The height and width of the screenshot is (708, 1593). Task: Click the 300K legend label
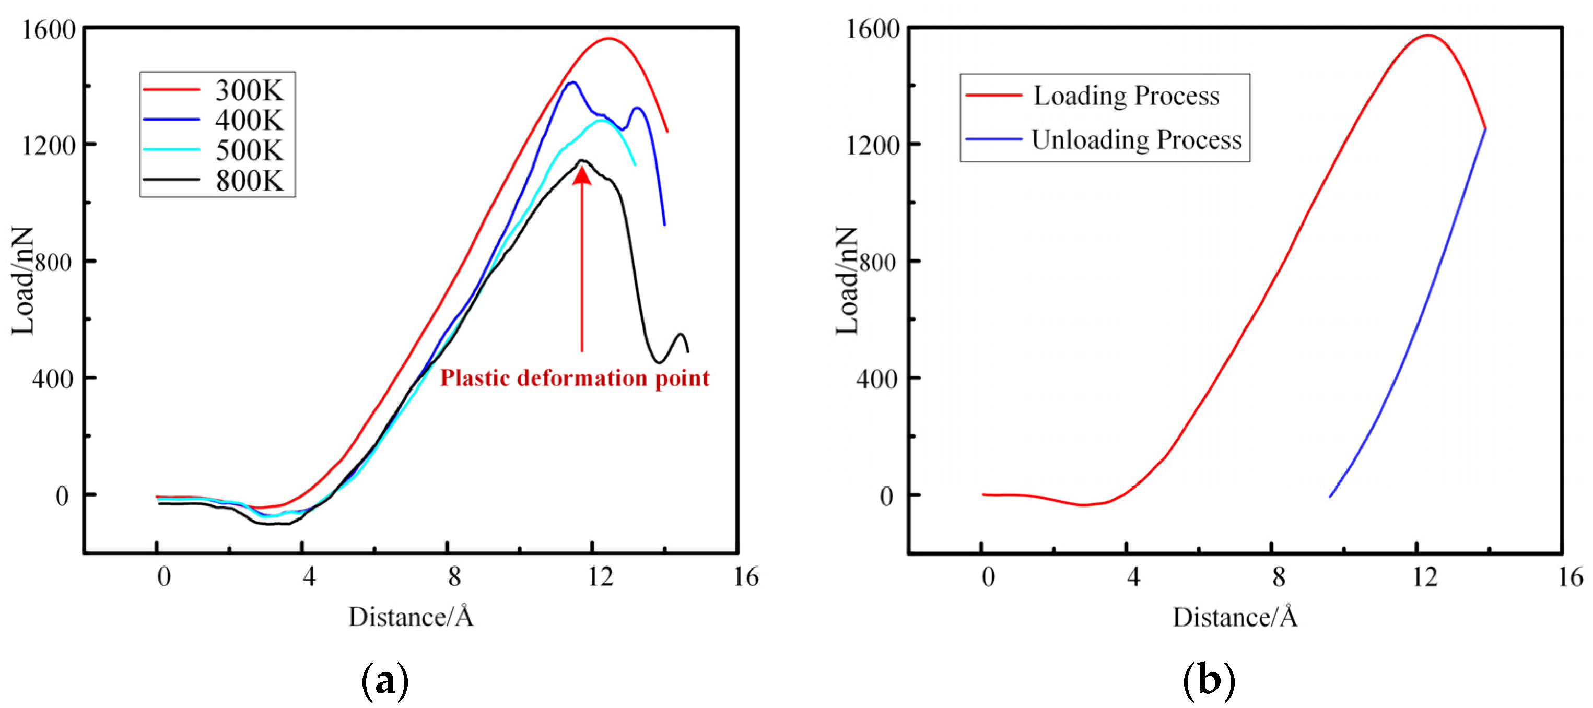click(249, 90)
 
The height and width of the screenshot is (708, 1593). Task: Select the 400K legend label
click(249, 120)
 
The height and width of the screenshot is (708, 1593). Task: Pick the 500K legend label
click(249, 150)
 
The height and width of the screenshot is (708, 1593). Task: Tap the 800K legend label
click(249, 181)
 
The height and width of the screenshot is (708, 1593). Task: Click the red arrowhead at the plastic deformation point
click(581, 175)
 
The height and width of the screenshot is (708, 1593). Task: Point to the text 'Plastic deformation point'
click(575, 378)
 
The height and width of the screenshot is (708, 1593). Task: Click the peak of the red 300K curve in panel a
click(609, 38)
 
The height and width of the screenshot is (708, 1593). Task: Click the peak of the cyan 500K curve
click(602, 120)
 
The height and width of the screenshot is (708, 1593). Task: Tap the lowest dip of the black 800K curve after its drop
click(659, 362)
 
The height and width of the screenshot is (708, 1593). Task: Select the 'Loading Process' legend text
click(1126, 96)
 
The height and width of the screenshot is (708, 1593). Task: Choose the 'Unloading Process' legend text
click(1136, 140)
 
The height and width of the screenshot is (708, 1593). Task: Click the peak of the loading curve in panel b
click(1428, 36)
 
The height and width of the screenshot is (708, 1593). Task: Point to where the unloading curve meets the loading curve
click(1485, 128)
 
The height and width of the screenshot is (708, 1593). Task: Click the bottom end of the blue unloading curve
click(1330, 497)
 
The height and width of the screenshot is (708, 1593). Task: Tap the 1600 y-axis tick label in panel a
click(48, 29)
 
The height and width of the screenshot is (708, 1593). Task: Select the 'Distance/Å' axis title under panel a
click(411, 617)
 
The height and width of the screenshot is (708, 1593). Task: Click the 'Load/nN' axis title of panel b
click(847, 281)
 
